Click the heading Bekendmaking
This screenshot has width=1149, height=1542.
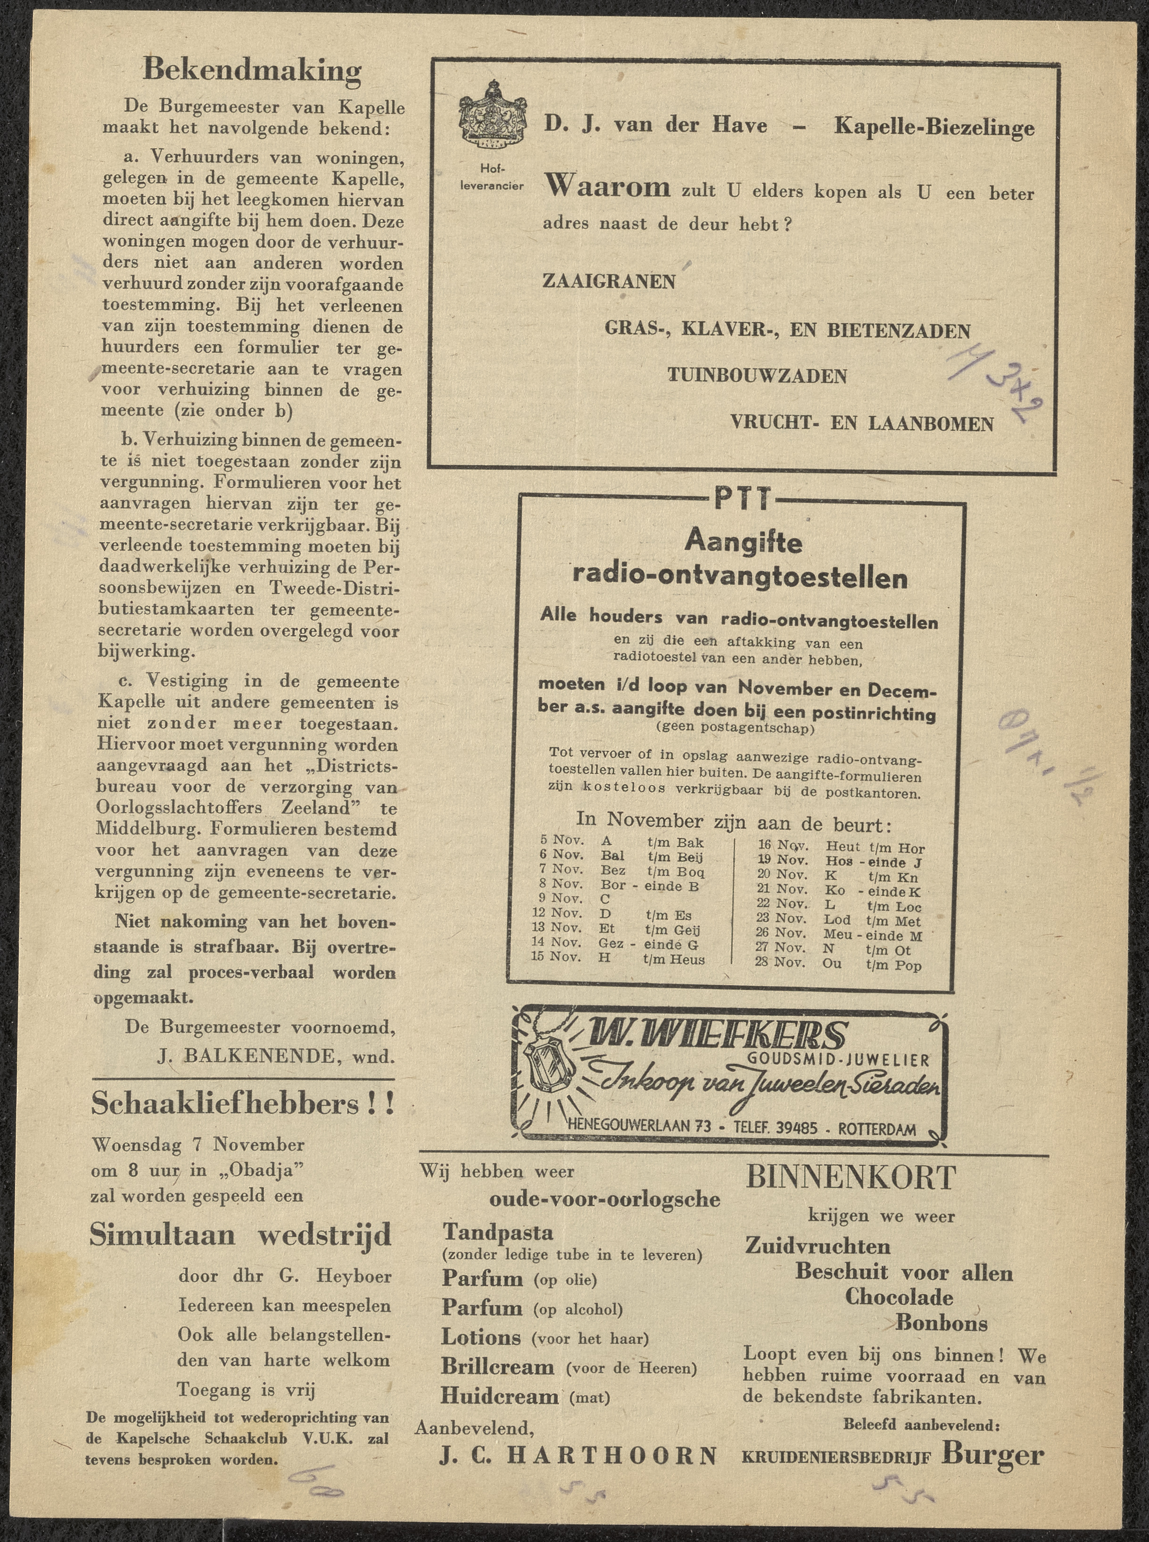pos(252,70)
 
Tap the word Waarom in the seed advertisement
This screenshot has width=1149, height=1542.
pos(608,186)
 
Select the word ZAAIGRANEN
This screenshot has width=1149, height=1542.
pos(609,281)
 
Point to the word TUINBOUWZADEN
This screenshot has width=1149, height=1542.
pos(757,376)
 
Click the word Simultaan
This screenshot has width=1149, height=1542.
pos(162,1235)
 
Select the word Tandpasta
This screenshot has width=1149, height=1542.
pos(498,1233)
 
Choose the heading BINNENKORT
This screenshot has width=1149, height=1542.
pos(851,1178)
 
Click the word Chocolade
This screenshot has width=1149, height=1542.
pos(899,1297)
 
